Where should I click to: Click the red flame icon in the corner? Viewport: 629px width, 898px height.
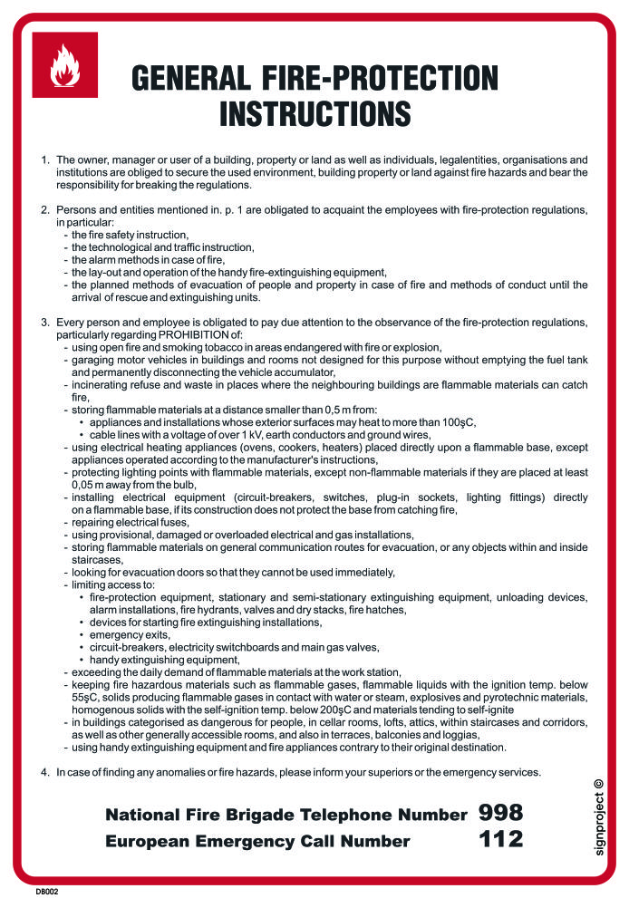[64, 64]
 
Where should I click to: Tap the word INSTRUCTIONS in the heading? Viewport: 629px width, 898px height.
[315, 115]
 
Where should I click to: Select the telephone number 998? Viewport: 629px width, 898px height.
[500, 812]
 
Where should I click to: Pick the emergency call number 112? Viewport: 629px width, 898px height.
[500, 840]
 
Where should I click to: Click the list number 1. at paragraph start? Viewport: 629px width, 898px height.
[45, 159]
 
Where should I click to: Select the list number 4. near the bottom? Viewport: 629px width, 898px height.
[45, 772]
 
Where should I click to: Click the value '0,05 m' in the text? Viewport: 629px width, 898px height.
[89, 485]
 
